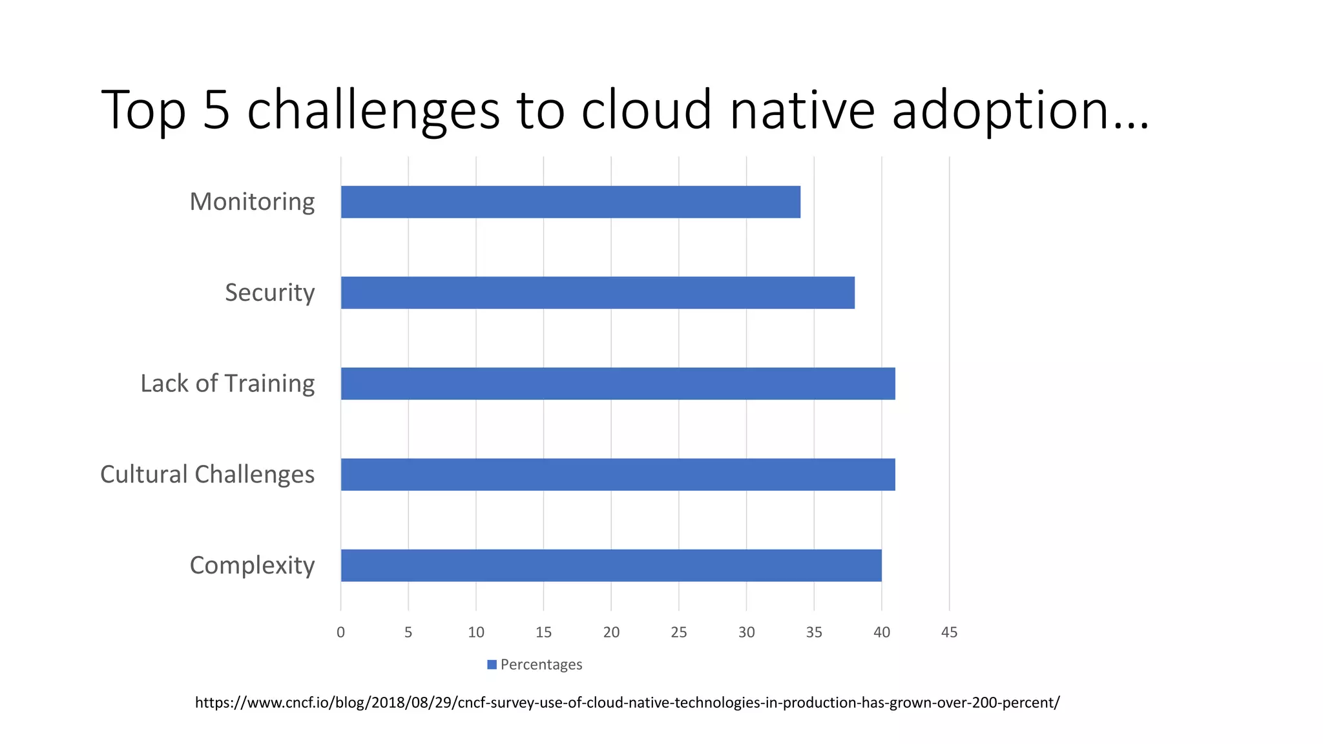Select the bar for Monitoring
point(570,202)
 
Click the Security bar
point(598,293)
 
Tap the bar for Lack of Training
point(618,384)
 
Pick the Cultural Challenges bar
point(618,475)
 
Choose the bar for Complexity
point(611,565)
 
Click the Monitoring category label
point(252,202)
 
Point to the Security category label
point(269,293)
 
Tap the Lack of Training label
point(227,384)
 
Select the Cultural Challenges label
point(207,475)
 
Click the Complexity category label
point(252,566)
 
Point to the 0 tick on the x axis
point(340,632)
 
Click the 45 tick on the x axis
point(949,632)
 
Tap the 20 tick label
point(611,632)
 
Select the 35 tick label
point(814,632)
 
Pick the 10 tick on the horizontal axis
point(476,632)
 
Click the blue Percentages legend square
point(492,665)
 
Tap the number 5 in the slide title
point(216,110)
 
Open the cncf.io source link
point(627,703)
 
